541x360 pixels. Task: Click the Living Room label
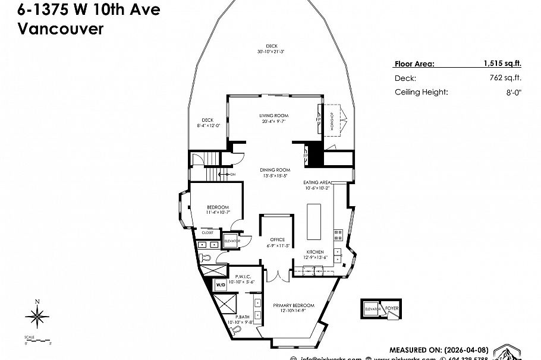[x=273, y=115]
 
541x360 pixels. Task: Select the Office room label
[x=278, y=240]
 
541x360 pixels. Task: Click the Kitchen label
[x=314, y=252]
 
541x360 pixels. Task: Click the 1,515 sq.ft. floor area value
[x=503, y=64]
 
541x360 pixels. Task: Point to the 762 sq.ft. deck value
[x=509, y=78]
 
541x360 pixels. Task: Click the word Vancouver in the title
[x=61, y=28]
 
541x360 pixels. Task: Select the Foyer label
[x=392, y=309]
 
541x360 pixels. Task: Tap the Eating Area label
[x=317, y=182]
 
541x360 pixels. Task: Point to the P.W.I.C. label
[x=243, y=277]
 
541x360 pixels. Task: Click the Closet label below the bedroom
[x=207, y=232]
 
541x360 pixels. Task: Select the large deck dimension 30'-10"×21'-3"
[x=271, y=52]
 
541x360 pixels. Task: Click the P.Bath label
[x=241, y=317]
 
